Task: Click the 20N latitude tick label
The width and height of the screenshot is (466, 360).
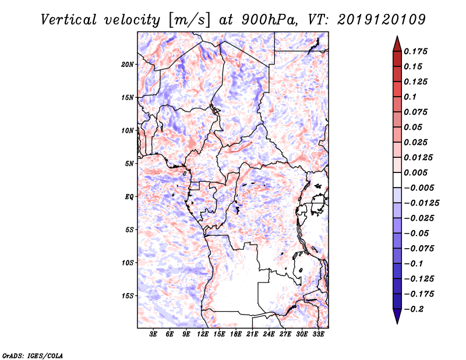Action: pyautogui.click(x=128, y=64)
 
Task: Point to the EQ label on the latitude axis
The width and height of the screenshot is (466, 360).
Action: pyautogui.click(x=130, y=197)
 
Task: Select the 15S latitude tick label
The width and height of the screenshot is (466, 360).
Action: pyautogui.click(x=128, y=296)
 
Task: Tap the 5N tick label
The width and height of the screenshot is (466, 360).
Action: pyautogui.click(x=129, y=164)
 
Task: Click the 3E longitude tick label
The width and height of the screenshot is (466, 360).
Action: pyautogui.click(x=154, y=335)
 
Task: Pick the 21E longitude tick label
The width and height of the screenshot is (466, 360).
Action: pyautogui.click(x=252, y=335)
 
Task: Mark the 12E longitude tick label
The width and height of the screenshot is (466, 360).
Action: pyautogui.click(x=203, y=335)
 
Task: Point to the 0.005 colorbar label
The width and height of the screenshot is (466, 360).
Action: pyautogui.click(x=417, y=172)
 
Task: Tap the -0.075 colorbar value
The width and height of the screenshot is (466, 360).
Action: pyautogui.click(x=419, y=248)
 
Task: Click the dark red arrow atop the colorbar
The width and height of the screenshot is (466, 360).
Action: pyautogui.click(x=397, y=43)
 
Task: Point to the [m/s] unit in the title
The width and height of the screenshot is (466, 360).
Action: pyautogui.click(x=184, y=20)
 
